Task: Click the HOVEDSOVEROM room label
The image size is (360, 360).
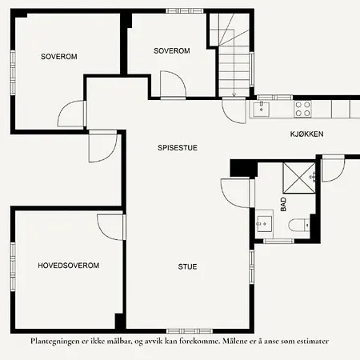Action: (68, 265)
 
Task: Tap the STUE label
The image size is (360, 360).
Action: (188, 266)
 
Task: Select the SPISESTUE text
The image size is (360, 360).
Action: (178, 147)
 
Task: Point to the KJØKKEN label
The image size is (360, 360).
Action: (306, 135)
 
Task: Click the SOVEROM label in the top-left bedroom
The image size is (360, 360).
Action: (60, 56)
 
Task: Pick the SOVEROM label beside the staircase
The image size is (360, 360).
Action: (171, 50)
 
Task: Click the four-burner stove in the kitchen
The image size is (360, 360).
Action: (303, 105)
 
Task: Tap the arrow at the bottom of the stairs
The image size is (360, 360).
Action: (234, 93)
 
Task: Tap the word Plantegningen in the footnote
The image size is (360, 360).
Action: (58, 341)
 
